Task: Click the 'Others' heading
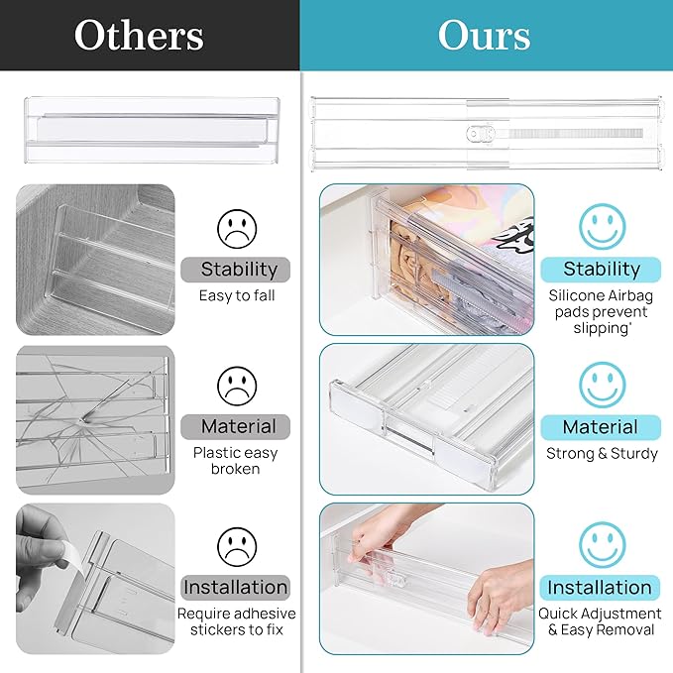tap(139, 36)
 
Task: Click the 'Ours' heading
tap(484, 36)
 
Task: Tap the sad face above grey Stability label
tap(237, 228)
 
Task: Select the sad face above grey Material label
tap(237, 385)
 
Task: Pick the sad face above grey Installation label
tap(237, 545)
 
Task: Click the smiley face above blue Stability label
tap(603, 226)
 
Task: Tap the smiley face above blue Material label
tap(603, 385)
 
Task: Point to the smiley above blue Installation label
tap(603, 545)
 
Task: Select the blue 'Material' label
tap(600, 427)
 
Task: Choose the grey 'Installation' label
tap(236, 587)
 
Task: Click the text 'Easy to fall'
tap(237, 295)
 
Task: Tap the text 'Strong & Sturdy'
tap(602, 453)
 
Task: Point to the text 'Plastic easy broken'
tap(236, 461)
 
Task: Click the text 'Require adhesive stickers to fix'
tap(237, 621)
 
